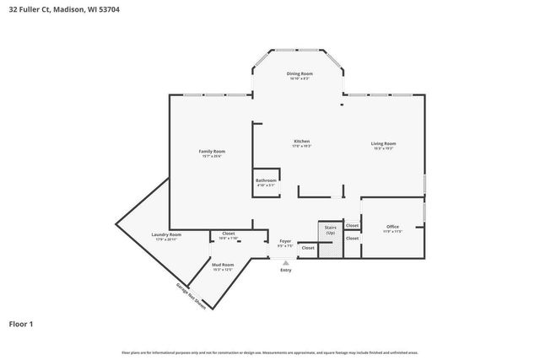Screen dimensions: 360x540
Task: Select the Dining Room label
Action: [300, 73]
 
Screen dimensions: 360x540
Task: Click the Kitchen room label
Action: [301, 141]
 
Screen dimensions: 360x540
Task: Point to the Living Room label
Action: [383, 143]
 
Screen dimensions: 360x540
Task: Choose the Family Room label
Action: [212, 151]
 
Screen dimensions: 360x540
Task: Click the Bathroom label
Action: [266, 180]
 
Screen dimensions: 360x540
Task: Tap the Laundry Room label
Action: [166, 234]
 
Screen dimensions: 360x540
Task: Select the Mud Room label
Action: [223, 266]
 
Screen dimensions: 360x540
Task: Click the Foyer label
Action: [285, 241]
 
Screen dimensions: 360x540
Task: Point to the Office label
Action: [392, 226]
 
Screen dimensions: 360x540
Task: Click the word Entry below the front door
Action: [285, 270]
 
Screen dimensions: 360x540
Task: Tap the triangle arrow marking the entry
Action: [285, 262]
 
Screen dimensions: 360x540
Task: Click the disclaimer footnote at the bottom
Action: [269, 352]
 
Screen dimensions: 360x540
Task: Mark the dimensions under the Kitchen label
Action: [301, 146]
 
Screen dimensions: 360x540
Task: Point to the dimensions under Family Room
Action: [212, 156]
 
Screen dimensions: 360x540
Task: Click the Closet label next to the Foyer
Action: [308, 248]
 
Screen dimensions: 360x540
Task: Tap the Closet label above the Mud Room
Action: [228, 234]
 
